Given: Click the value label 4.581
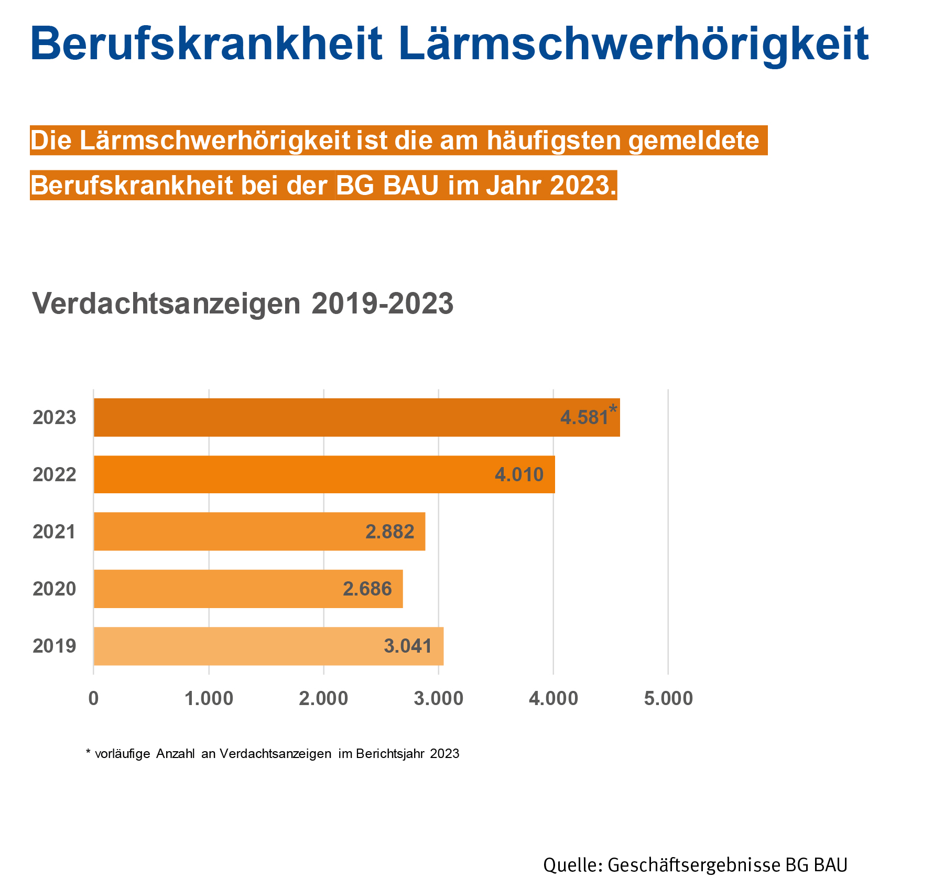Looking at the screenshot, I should [584, 418].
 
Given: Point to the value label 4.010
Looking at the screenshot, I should [519, 475].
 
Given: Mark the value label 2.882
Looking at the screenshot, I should [389, 532].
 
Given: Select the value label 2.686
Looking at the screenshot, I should [367, 589].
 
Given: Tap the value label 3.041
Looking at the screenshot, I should [408, 646].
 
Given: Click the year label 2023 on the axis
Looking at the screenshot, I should [55, 418].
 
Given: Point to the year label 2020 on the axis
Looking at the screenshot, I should [55, 589].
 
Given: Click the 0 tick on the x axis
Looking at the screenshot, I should [93, 699].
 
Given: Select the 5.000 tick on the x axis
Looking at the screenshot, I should [668, 699].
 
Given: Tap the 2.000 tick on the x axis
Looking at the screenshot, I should [323, 699].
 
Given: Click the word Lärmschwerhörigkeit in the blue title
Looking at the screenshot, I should [633, 45].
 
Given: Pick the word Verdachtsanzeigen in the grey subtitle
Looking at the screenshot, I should [167, 304].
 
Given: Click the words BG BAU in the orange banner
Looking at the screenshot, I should [387, 185].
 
